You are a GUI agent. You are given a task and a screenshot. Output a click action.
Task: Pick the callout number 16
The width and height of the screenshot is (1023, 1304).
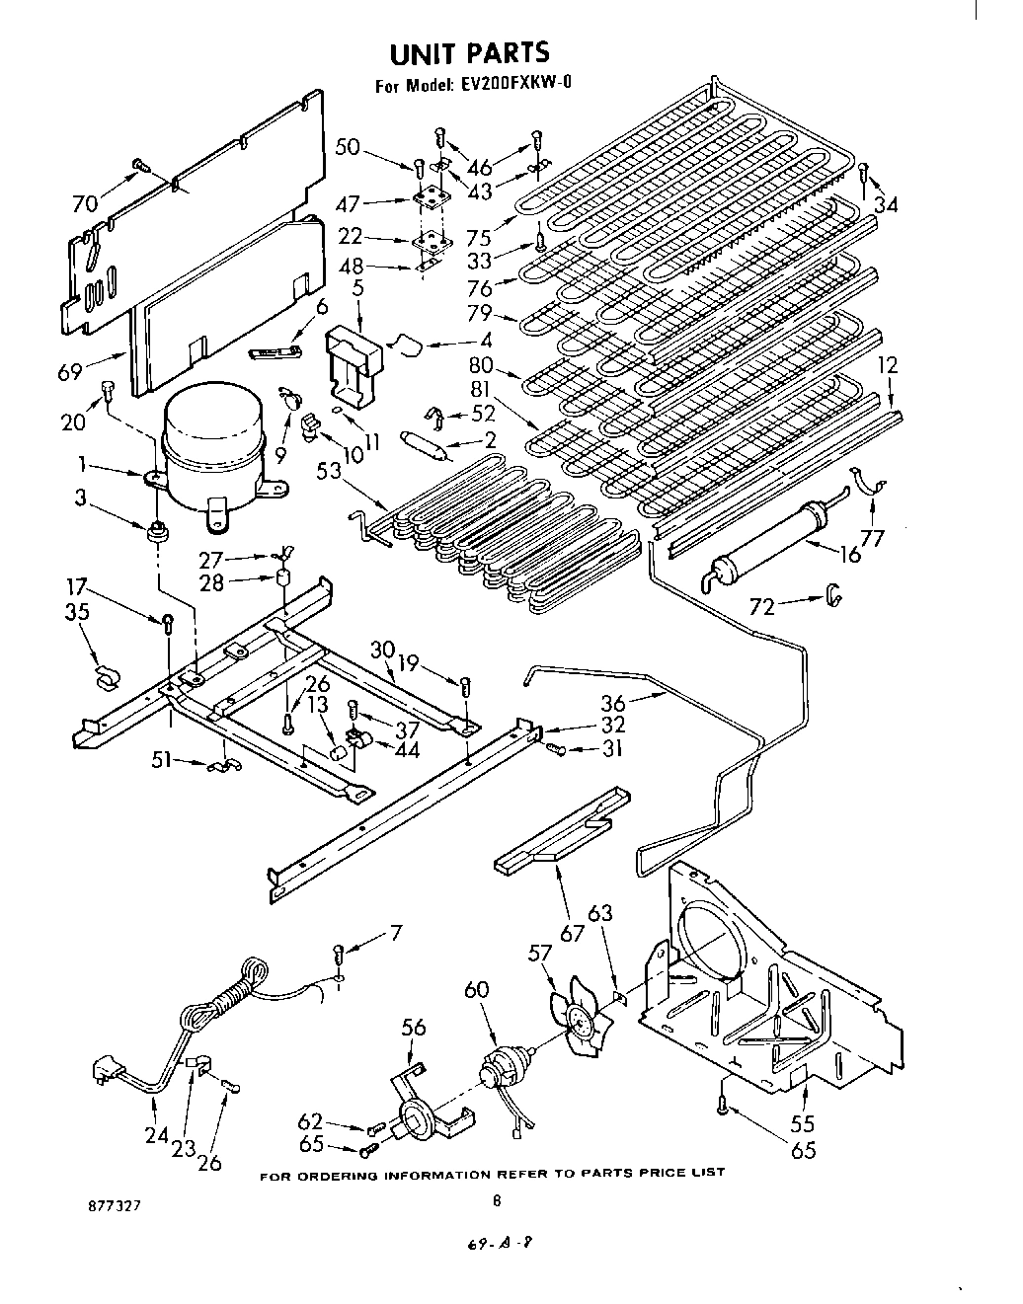click(848, 555)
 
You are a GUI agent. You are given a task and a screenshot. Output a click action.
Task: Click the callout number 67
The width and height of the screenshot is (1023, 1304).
click(572, 931)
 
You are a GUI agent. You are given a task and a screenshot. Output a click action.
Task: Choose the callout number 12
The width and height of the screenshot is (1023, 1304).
click(889, 366)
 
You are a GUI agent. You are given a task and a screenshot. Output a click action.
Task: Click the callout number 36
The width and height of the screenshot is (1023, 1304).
click(613, 703)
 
